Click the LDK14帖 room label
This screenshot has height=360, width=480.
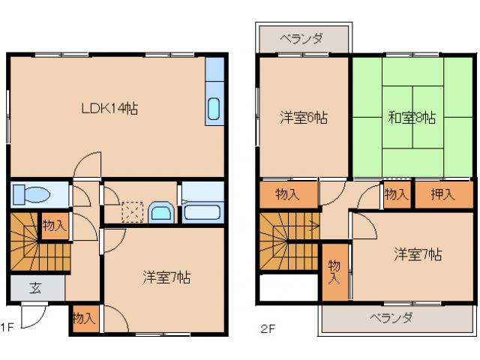(x=109, y=107)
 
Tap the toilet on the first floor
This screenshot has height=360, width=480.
(x=31, y=194)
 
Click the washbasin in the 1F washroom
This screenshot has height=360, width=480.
(x=160, y=212)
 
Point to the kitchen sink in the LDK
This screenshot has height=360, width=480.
(x=213, y=109)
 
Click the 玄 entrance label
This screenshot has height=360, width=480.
(x=35, y=286)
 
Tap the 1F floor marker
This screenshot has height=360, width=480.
(x=7, y=327)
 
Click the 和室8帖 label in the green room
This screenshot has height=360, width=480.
(x=412, y=117)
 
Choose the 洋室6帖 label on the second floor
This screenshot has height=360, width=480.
(x=304, y=117)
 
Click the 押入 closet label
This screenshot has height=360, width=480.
(x=442, y=195)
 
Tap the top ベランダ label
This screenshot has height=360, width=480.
(x=303, y=37)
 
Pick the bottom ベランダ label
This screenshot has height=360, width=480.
(x=391, y=317)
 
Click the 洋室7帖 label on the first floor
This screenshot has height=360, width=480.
(x=166, y=277)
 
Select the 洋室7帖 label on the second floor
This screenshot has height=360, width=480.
(x=418, y=253)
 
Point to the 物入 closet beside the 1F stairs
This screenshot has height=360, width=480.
(x=54, y=225)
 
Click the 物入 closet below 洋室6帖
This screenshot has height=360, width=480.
(x=287, y=195)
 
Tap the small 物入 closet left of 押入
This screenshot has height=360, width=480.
(x=396, y=195)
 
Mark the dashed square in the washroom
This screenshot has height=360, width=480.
(x=132, y=212)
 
